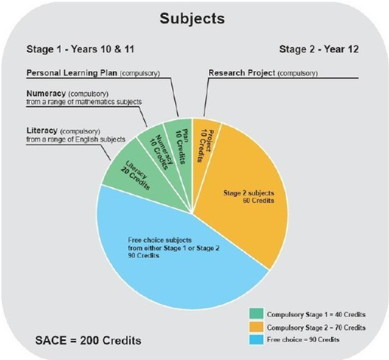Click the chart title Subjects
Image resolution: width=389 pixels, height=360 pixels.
[192, 19]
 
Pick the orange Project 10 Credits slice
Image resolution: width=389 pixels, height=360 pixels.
[204, 143]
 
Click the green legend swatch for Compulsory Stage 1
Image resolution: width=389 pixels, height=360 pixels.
[256, 314]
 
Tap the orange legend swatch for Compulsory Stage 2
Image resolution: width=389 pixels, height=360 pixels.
[256, 327]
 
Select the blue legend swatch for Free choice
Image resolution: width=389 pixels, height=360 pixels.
[256, 340]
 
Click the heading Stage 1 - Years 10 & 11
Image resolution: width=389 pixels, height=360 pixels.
[80, 49]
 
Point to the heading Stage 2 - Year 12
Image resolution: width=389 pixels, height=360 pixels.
[319, 49]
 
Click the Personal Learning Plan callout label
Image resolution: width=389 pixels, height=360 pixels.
[93, 73]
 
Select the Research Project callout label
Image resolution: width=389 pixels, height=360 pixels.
[263, 73]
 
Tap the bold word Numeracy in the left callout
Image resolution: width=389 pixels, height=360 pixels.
[46, 94]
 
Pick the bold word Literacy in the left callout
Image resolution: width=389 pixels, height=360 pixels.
[42, 131]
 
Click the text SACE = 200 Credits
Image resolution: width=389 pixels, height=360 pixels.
[88, 340]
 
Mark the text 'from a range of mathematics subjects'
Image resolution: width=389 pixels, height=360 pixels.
[84, 102]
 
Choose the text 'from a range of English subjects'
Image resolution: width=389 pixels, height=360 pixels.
[75, 139]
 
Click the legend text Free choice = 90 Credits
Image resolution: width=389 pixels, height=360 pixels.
[303, 340]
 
